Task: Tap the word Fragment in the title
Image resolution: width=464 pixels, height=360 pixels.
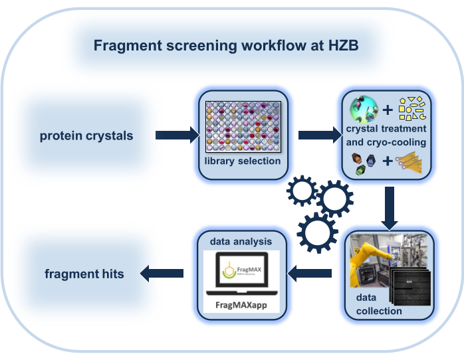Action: pos(124,46)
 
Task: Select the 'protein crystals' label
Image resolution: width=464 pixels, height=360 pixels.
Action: pos(86,136)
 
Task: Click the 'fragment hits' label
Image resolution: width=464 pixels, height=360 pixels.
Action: pos(84,273)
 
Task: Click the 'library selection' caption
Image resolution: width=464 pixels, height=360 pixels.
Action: pos(243,161)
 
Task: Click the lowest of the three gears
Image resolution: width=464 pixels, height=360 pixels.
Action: pos(314,232)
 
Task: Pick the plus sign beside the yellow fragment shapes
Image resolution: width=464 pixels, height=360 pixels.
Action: pos(388,109)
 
